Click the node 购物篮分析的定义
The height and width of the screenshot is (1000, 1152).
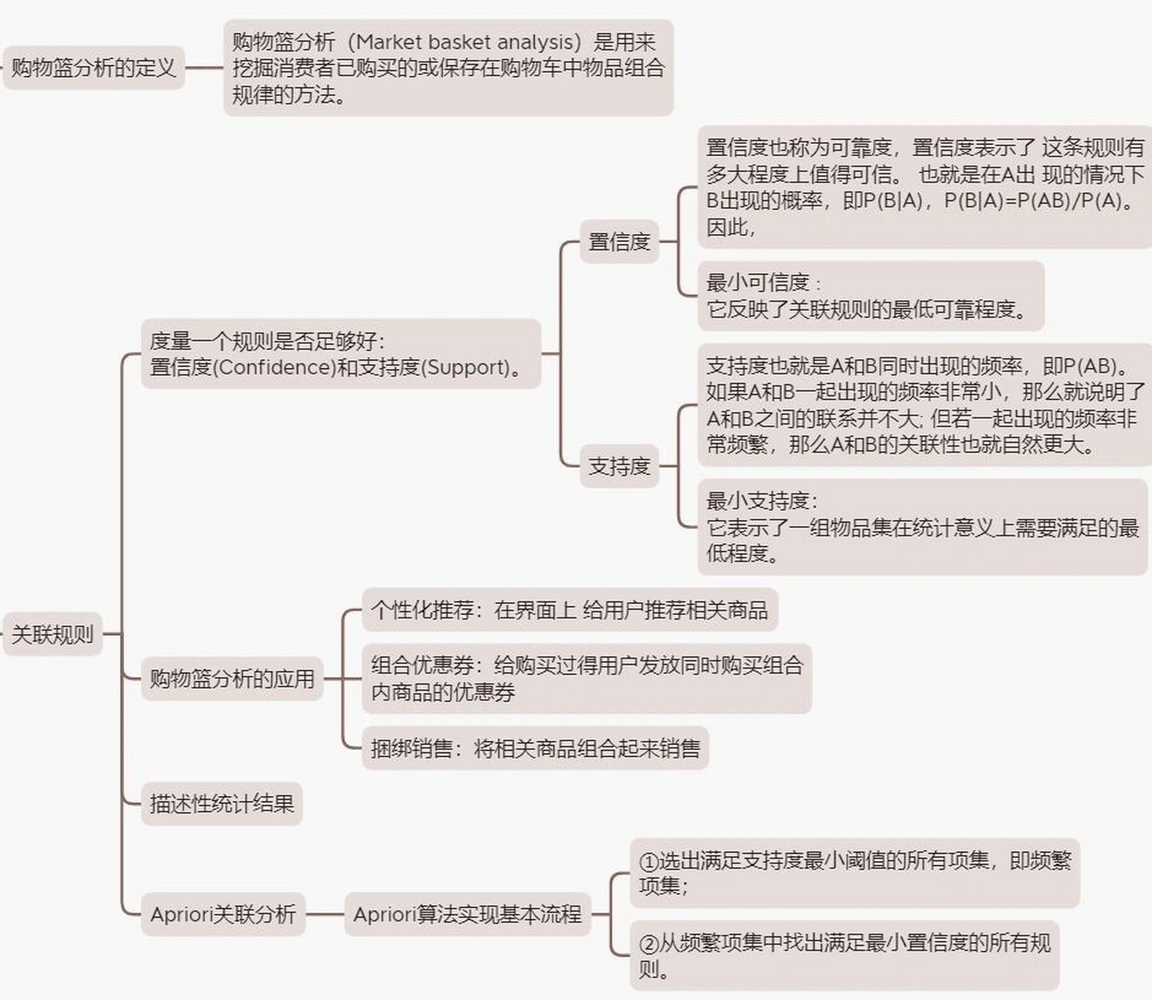tap(94, 68)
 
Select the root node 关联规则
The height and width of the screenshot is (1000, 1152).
tap(52, 634)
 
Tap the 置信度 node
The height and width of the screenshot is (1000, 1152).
tap(619, 241)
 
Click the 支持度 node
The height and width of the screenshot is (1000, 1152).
tap(619, 466)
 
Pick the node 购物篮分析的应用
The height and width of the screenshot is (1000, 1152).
tap(232, 678)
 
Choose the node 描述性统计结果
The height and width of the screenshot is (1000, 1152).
tap(222, 804)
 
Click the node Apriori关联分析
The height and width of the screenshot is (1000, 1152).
tap(223, 914)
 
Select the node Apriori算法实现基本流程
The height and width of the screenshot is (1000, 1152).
tap(467, 914)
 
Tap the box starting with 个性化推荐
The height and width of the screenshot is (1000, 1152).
tap(569, 609)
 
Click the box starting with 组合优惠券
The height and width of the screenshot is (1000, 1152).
tap(587, 678)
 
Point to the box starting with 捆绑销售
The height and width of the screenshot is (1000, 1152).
tap(535, 748)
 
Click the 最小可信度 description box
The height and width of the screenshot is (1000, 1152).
tap(870, 296)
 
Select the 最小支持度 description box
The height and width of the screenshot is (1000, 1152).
tap(922, 527)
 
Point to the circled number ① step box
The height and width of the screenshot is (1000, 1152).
tap(854, 873)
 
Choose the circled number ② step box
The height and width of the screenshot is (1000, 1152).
tap(844, 955)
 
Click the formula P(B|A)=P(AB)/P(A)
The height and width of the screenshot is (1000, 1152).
tap(1034, 201)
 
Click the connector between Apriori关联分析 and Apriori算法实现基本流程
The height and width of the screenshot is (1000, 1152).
tap(325, 914)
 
